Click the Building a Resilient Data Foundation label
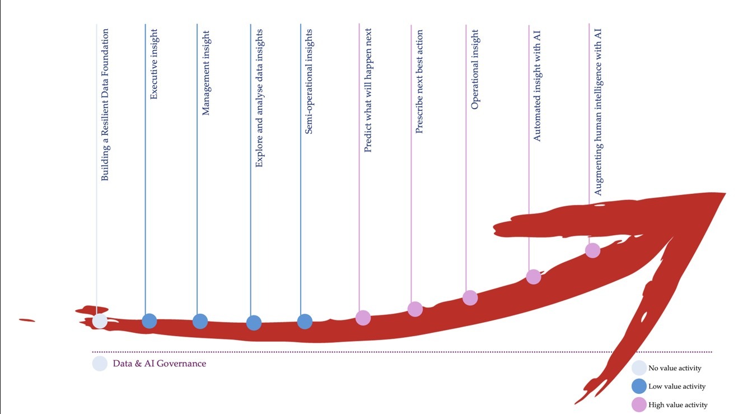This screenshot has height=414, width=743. pyautogui.click(x=105, y=105)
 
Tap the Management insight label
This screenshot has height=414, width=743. pyautogui.click(x=206, y=72)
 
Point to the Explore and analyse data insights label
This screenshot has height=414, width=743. pyautogui.click(x=259, y=99)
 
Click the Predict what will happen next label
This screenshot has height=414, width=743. pyautogui.click(x=368, y=91)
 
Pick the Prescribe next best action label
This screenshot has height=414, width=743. pyautogui.click(x=419, y=82)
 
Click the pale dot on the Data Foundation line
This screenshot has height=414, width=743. pyautogui.click(x=100, y=321)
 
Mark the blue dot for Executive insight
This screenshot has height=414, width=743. pyautogui.click(x=149, y=321)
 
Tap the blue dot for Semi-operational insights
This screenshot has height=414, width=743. pyautogui.click(x=305, y=322)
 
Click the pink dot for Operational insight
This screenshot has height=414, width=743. pyautogui.click(x=470, y=298)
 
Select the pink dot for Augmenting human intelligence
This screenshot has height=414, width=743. pyautogui.click(x=593, y=250)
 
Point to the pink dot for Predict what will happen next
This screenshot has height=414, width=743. pyautogui.click(x=363, y=318)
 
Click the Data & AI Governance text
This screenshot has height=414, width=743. pyautogui.click(x=160, y=364)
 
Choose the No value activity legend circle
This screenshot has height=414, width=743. pyautogui.click(x=639, y=368)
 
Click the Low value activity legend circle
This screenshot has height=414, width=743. pyautogui.click(x=639, y=387)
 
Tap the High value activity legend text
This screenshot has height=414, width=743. pyautogui.click(x=677, y=405)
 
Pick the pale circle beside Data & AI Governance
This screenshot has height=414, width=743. pyautogui.click(x=100, y=364)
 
